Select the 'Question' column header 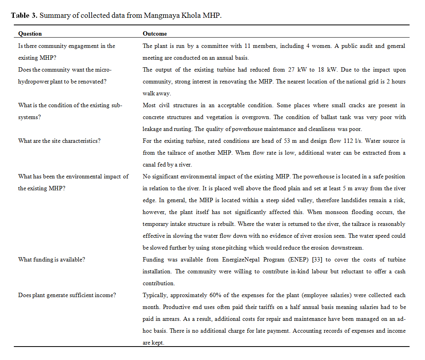pos(30,34)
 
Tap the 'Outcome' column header pos(155,34)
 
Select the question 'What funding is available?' pos(52,260)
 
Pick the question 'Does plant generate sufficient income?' pos(67,295)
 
